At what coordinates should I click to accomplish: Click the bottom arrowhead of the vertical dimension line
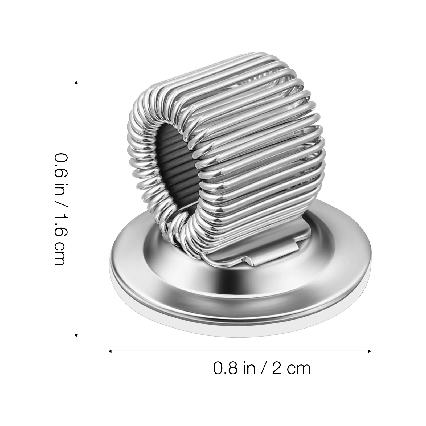[76, 335]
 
